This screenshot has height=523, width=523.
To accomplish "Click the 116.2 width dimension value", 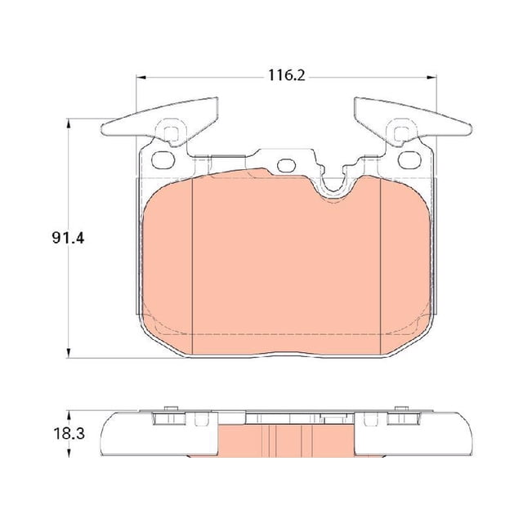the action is point(287,76).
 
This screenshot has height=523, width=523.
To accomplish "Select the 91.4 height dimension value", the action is point(68,238).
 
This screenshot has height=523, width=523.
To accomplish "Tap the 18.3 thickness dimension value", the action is point(69,434).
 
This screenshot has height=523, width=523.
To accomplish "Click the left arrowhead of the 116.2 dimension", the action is point(141,78).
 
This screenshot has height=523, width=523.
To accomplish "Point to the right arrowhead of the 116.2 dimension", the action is point(431,78).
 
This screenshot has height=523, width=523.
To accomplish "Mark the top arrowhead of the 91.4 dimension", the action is point(69,123).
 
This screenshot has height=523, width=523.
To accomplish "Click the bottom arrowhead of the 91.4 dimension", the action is point(69,353).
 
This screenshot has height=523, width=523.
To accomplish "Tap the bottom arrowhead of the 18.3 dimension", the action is point(69,453).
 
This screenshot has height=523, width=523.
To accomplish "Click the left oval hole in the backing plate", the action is point(163,160).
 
